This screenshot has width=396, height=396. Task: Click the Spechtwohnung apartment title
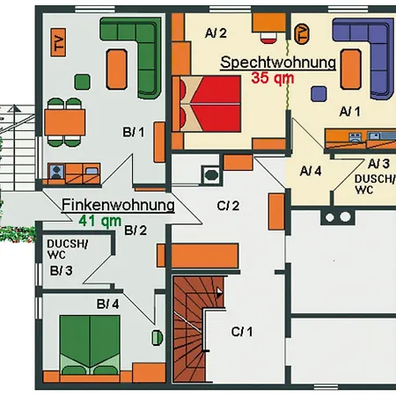[x=278, y=62]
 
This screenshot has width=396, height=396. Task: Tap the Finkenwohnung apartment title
[x=118, y=205]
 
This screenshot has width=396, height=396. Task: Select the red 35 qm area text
[x=273, y=78]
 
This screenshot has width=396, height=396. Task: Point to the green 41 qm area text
[x=100, y=221]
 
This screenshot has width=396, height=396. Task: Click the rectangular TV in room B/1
[x=58, y=42]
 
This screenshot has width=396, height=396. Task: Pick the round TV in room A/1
[x=302, y=34]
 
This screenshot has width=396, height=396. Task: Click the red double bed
[x=207, y=104]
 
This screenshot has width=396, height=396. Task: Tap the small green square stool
[x=82, y=82]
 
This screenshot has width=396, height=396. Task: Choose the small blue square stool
[x=319, y=94]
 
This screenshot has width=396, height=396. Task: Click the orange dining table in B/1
[x=65, y=122]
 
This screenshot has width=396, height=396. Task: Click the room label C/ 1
[x=242, y=332]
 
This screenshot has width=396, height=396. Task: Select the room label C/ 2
[x=228, y=206]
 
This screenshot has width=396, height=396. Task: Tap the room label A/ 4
[x=311, y=171]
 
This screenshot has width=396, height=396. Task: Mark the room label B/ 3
[x=61, y=271]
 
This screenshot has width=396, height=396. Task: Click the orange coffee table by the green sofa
[x=117, y=70]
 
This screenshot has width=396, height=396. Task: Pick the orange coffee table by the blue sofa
[x=351, y=70]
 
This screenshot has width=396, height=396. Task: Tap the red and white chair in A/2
[x=268, y=38]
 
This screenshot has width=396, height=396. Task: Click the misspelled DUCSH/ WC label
[x=67, y=249]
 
